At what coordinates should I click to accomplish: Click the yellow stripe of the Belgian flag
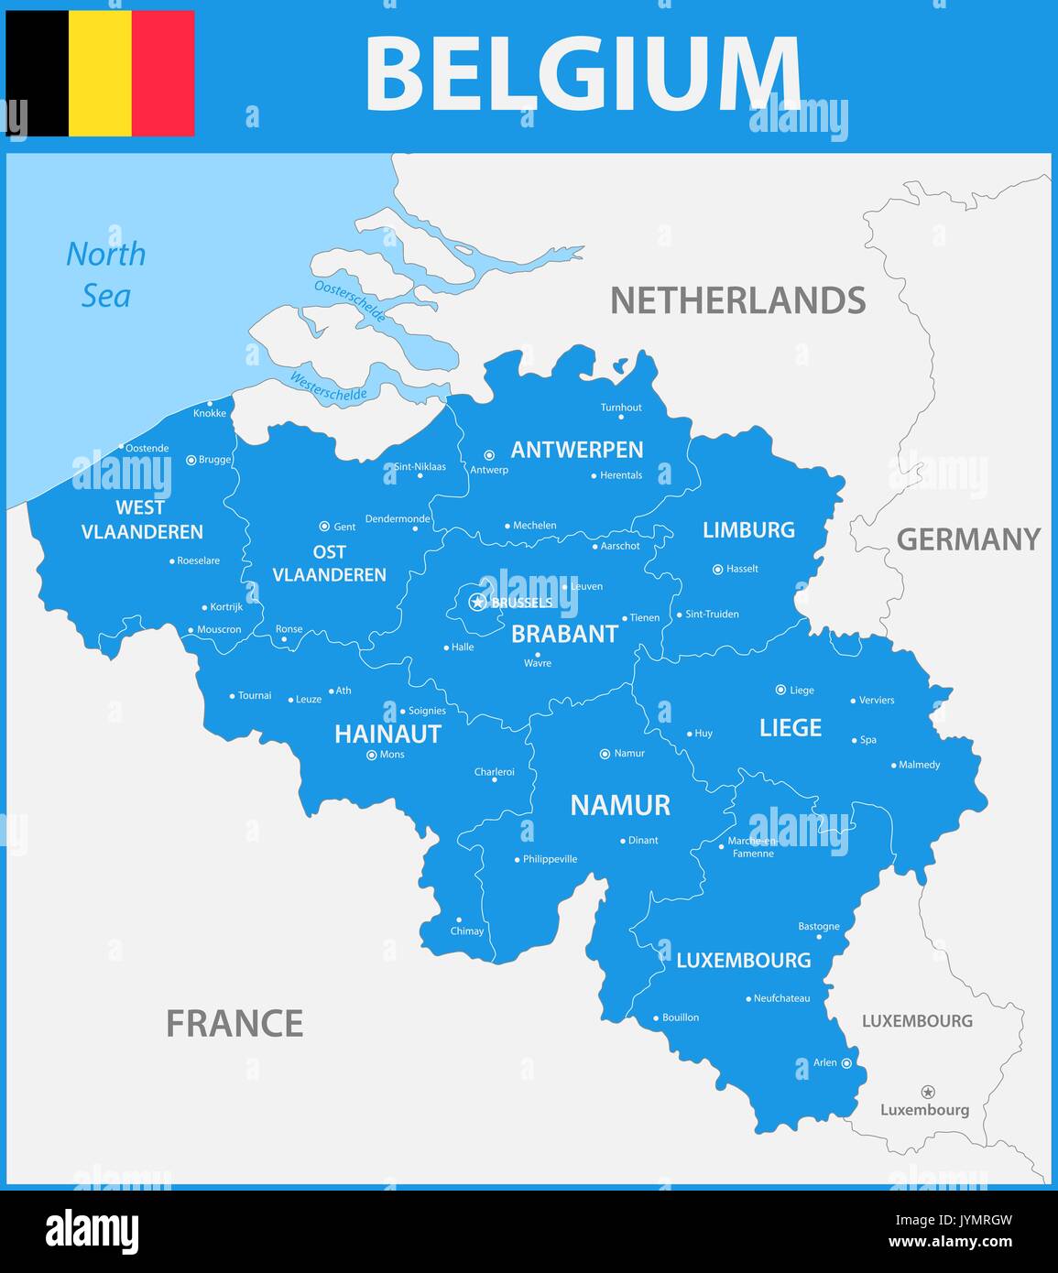tap(100, 73)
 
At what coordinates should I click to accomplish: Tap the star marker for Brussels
tap(476, 602)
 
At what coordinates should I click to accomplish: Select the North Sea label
tap(105, 274)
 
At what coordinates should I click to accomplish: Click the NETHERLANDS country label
tap(737, 300)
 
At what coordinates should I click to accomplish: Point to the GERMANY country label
tap(968, 539)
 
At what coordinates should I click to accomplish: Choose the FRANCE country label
tap(235, 1023)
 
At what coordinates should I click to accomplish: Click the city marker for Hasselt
tap(717, 569)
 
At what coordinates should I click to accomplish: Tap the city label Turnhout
tap(621, 408)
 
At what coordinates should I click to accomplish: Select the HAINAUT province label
tap(387, 734)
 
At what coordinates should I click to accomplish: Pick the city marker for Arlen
tap(846, 1063)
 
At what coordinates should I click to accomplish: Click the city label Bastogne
tap(818, 926)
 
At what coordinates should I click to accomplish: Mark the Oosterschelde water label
tap(350, 299)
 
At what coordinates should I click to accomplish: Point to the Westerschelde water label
tap(328, 386)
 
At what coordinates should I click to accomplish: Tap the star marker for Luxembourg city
tap(928, 1092)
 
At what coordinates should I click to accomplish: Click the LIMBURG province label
tap(748, 529)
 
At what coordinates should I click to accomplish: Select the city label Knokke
tap(210, 413)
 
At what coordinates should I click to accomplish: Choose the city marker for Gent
tap(324, 527)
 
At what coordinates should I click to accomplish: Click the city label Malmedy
tap(919, 765)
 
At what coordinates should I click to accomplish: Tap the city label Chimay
tap(467, 930)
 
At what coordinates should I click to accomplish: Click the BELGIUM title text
tap(583, 73)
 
